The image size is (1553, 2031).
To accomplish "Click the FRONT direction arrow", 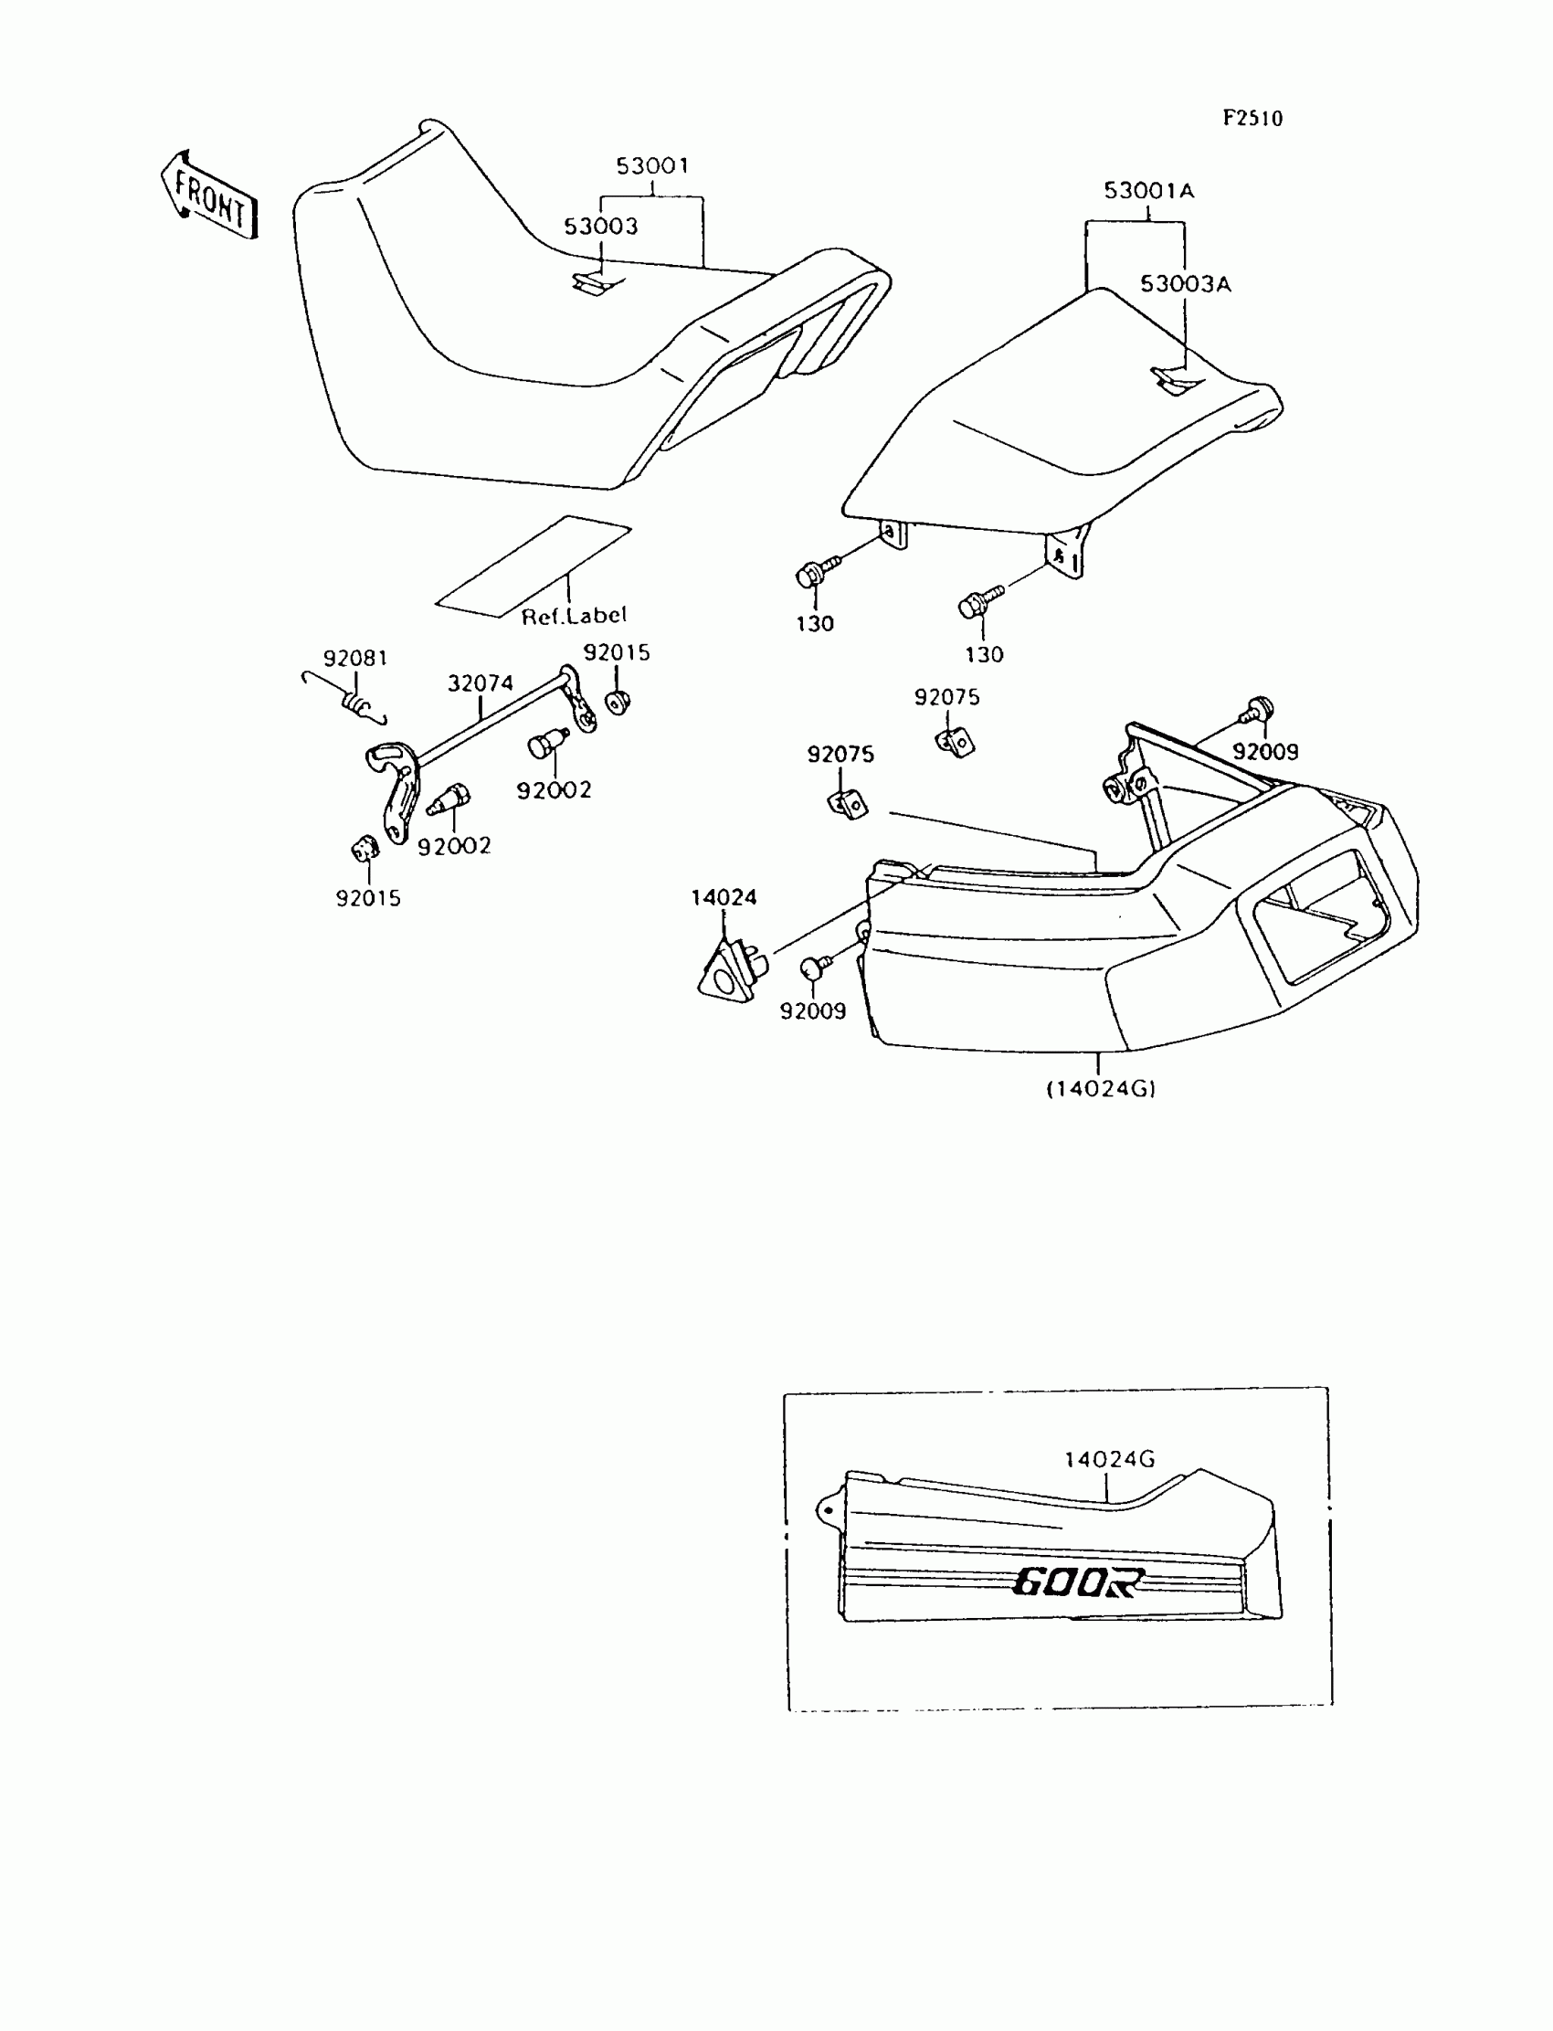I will click(209, 197).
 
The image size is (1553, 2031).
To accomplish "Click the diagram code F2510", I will click(1252, 119).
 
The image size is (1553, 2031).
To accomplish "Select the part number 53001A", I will click(1148, 191).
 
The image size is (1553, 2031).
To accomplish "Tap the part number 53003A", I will click(1185, 284).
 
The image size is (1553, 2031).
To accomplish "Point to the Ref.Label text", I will click(574, 616).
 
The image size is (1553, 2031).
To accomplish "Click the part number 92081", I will click(355, 658).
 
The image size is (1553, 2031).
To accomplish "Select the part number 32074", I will click(480, 683).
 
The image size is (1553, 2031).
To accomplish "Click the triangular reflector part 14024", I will click(727, 969).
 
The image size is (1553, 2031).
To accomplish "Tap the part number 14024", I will click(724, 896).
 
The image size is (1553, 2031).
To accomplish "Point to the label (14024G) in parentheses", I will click(1100, 1089).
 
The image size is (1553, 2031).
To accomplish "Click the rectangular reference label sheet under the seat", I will click(534, 566).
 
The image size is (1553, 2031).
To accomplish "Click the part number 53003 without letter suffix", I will click(601, 227).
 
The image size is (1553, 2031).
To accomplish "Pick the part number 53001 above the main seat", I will click(652, 166).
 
